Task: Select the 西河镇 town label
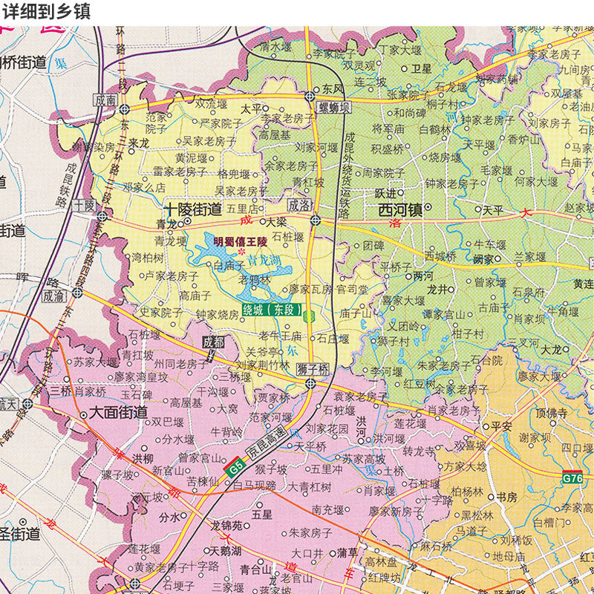[x=400, y=210]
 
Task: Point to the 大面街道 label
[x=118, y=412]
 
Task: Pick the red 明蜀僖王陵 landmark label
[x=244, y=241]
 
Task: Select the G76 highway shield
[x=572, y=478]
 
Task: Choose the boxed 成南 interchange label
[x=105, y=99]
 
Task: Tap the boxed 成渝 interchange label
[x=53, y=295]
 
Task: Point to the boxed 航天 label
[x=9, y=403]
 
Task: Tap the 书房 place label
[x=506, y=497]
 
